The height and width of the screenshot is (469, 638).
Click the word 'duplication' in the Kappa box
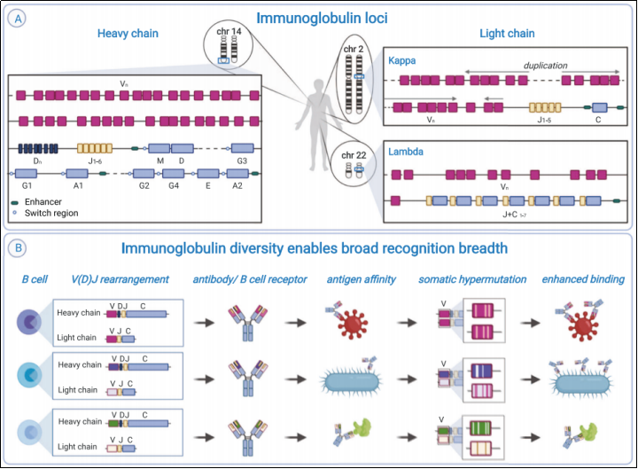(546, 65)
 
